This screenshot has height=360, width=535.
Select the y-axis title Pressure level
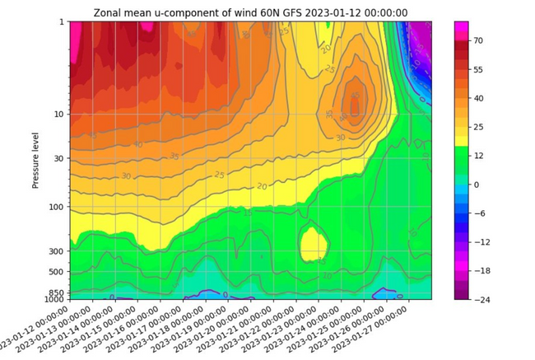[36, 158]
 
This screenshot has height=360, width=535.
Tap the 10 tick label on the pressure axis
[59, 114]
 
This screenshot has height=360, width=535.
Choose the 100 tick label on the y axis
[57, 207]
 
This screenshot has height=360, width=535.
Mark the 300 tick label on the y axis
[57, 251]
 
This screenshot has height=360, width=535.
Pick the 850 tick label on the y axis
[57, 292]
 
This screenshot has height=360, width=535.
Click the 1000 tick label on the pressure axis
[54, 299]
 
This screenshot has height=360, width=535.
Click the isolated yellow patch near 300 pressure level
[313, 244]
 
